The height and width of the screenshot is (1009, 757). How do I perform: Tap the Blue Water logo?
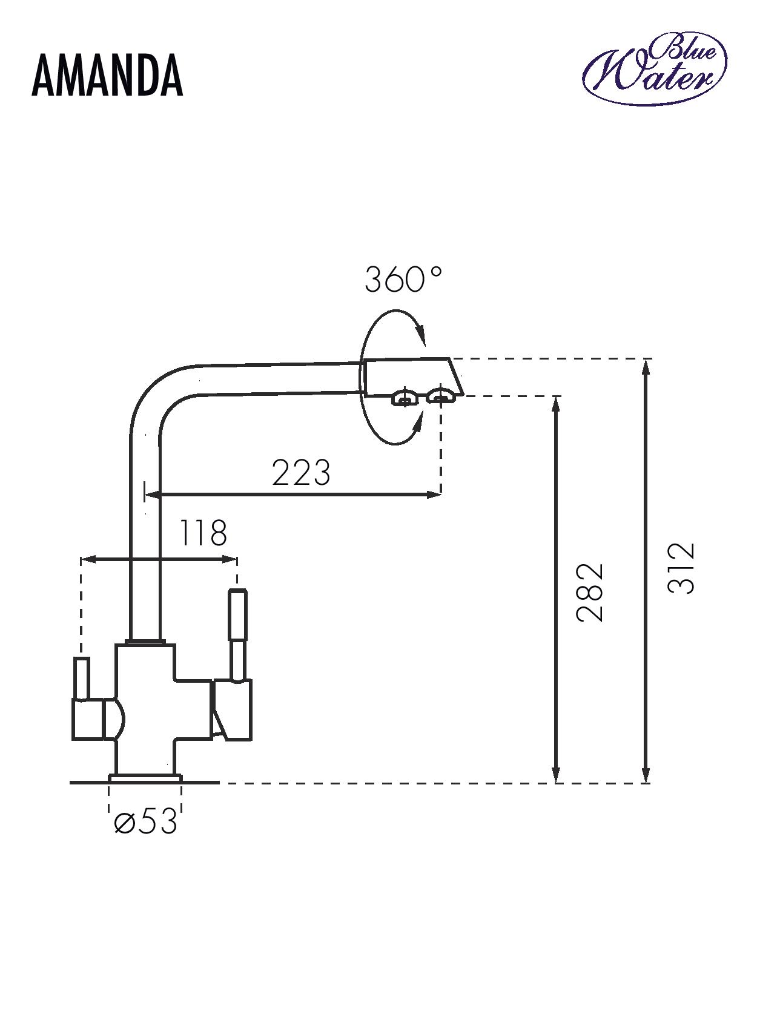655,70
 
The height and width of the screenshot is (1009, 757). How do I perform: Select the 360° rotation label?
403,280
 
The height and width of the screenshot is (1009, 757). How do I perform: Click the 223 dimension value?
301,472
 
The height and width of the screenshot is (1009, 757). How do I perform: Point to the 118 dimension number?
202,533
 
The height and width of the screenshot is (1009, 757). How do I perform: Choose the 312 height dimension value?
681,568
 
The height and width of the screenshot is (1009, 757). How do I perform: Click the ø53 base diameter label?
145,822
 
